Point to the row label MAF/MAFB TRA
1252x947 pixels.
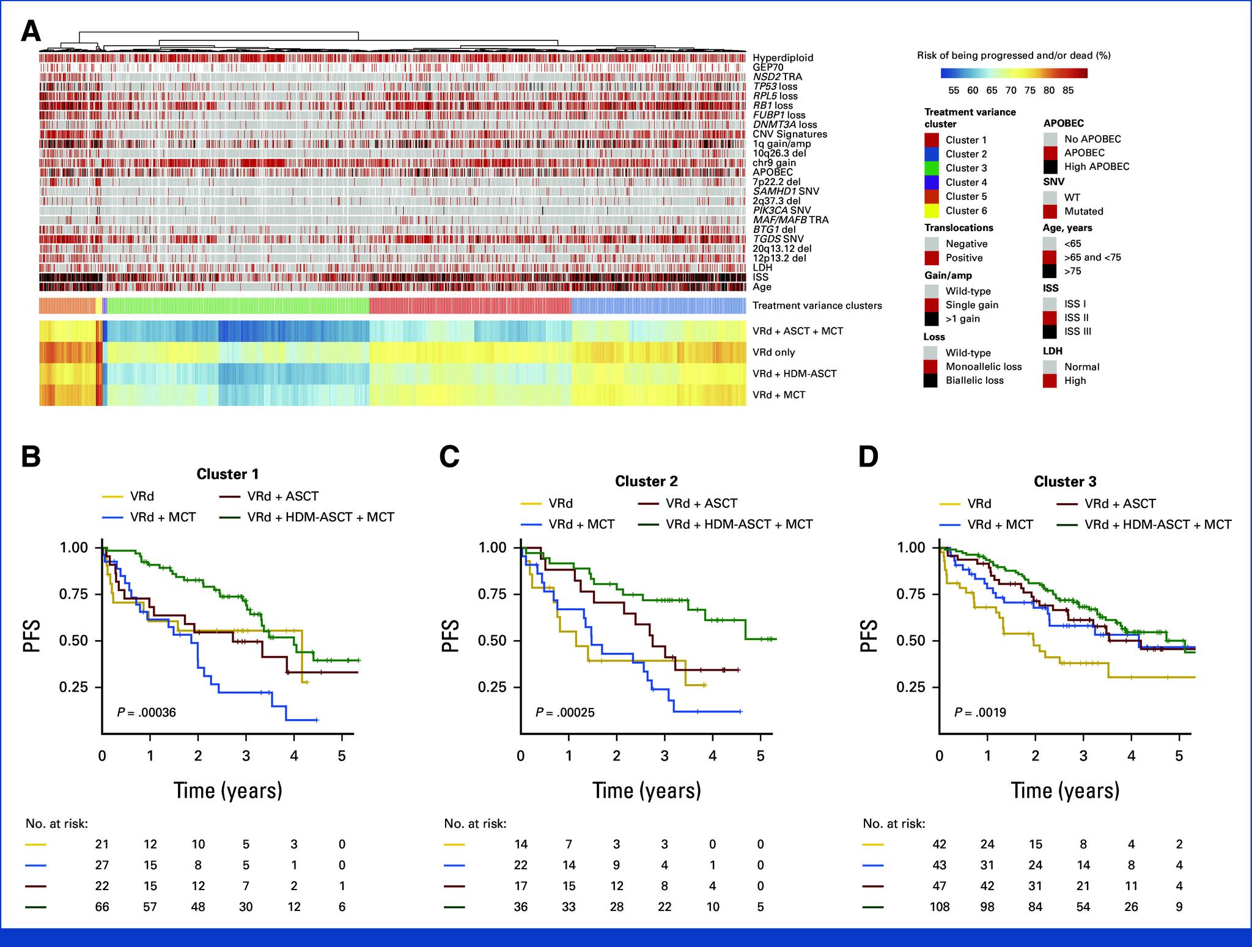(x=790, y=219)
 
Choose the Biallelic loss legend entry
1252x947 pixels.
(x=974, y=380)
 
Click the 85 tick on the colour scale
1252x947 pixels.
(x=1068, y=90)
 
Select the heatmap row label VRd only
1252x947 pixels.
(x=774, y=352)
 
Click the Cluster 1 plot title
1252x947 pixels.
(x=227, y=474)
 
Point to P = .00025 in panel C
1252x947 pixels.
(x=565, y=712)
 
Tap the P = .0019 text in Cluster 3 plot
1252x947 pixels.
(x=981, y=712)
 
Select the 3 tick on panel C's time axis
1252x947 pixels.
(x=664, y=756)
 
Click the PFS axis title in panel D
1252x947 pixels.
(x=868, y=636)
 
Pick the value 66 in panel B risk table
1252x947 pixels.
(x=101, y=907)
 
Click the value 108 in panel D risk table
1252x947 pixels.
(x=939, y=907)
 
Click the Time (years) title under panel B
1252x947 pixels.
(x=227, y=790)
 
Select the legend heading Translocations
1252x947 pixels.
(x=959, y=227)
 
